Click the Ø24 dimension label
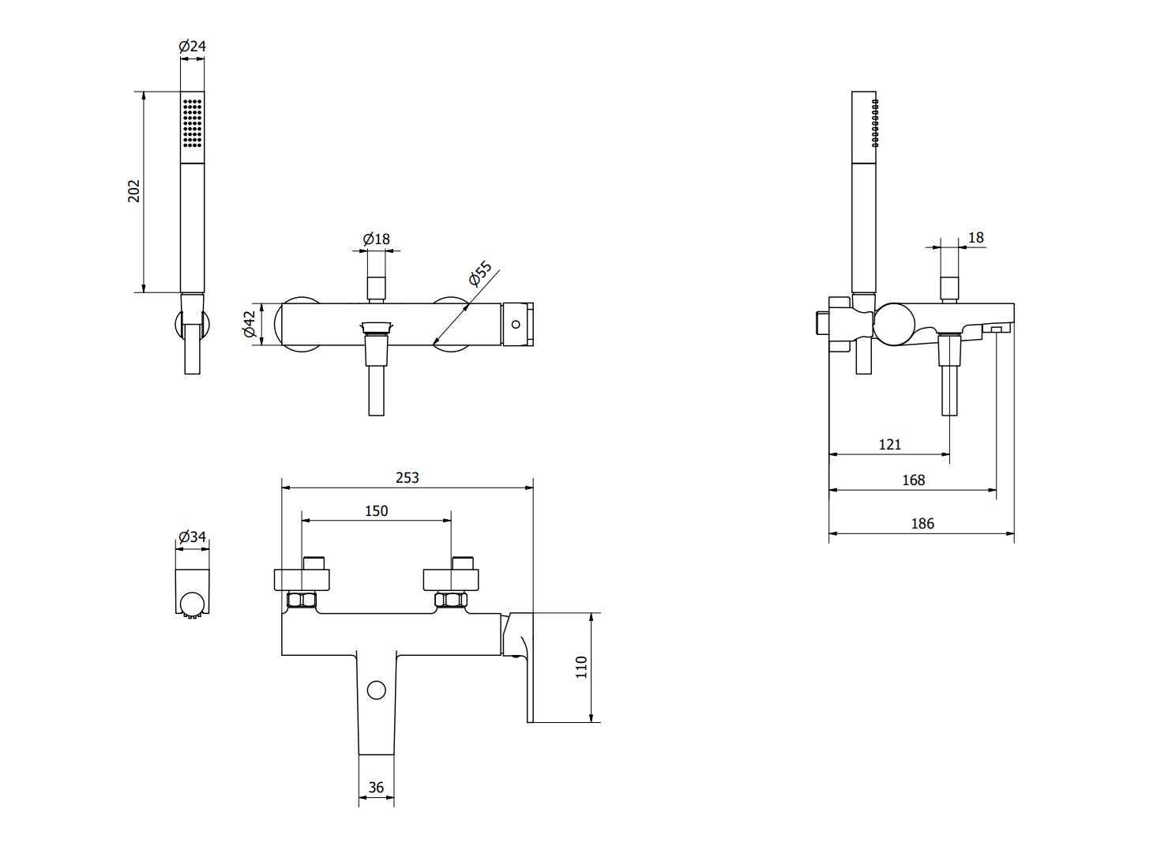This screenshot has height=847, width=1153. coord(192,47)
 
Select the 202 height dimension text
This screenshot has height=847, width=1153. coord(133,191)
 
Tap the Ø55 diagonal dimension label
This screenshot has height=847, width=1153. coord(480,273)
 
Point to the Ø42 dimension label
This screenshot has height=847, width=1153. coord(249,324)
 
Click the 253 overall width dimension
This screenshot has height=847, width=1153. coord(407,478)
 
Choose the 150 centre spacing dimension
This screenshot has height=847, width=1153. coord(376,510)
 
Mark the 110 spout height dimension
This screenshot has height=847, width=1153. coord(581,667)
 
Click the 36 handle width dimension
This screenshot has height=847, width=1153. coord(376,787)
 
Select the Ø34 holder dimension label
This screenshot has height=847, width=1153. coord(192,537)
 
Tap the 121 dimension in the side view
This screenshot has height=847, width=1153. coord(889,444)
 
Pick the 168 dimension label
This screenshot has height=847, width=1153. coord(914,480)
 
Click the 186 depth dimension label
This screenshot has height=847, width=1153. coord(922,524)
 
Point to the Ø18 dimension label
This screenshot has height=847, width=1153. coord(376,239)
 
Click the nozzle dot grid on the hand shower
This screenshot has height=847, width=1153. coord(192,123)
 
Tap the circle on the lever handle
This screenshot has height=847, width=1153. coord(376,691)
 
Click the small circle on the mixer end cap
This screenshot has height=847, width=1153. coord(516,325)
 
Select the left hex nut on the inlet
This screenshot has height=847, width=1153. coord(302,600)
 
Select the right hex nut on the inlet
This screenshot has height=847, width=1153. coord(451,600)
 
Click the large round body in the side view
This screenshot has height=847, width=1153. coord(894,324)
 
